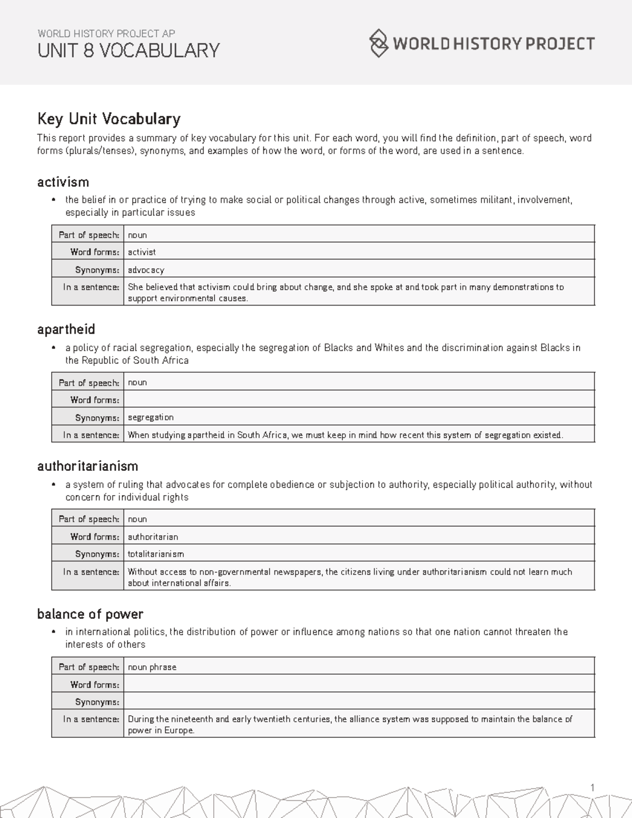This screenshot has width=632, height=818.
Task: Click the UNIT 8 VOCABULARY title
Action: (x=129, y=51)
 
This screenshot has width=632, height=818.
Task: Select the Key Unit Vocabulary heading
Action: (x=108, y=119)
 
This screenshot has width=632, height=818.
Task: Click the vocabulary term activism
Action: (x=63, y=182)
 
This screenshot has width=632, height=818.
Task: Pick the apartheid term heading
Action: (x=66, y=330)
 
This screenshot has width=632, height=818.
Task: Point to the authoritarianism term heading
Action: (x=87, y=466)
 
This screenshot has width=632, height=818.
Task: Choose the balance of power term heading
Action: (x=90, y=614)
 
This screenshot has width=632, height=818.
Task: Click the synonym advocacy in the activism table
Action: (x=146, y=270)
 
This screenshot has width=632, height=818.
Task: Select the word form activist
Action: (x=142, y=252)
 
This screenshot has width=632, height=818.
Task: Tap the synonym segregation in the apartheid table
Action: (x=151, y=417)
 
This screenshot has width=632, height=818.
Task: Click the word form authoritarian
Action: (x=153, y=537)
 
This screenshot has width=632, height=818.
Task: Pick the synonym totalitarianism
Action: (x=156, y=554)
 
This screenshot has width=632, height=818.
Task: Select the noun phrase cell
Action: (x=152, y=667)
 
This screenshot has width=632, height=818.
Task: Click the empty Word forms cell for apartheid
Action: (x=358, y=400)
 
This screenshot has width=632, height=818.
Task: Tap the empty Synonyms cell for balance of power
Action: (x=358, y=702)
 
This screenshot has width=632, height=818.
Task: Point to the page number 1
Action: (x=592, y=788)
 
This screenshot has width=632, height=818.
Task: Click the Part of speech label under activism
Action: (x=88, y=235)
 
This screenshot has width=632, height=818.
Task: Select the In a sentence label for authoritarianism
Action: (x=91, y=572)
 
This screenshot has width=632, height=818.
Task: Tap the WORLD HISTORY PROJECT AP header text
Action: (x=106, y=33)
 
